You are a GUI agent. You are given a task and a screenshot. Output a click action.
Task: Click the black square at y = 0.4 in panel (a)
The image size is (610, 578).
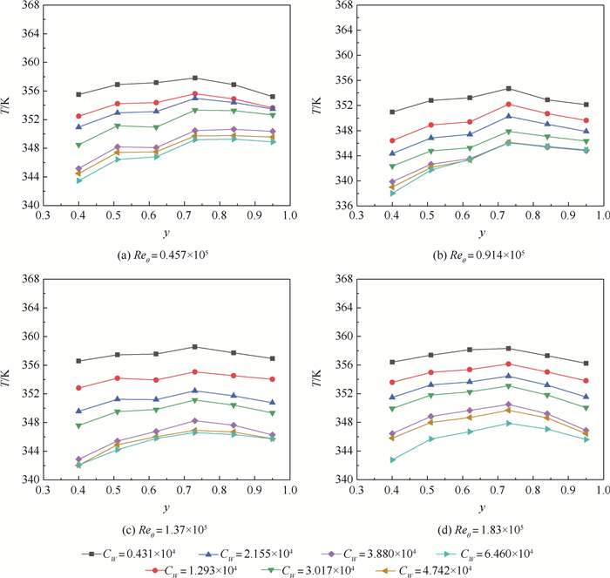(78, 94)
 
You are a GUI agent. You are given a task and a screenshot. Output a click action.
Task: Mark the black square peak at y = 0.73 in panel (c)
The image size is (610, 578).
(195, 346)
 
